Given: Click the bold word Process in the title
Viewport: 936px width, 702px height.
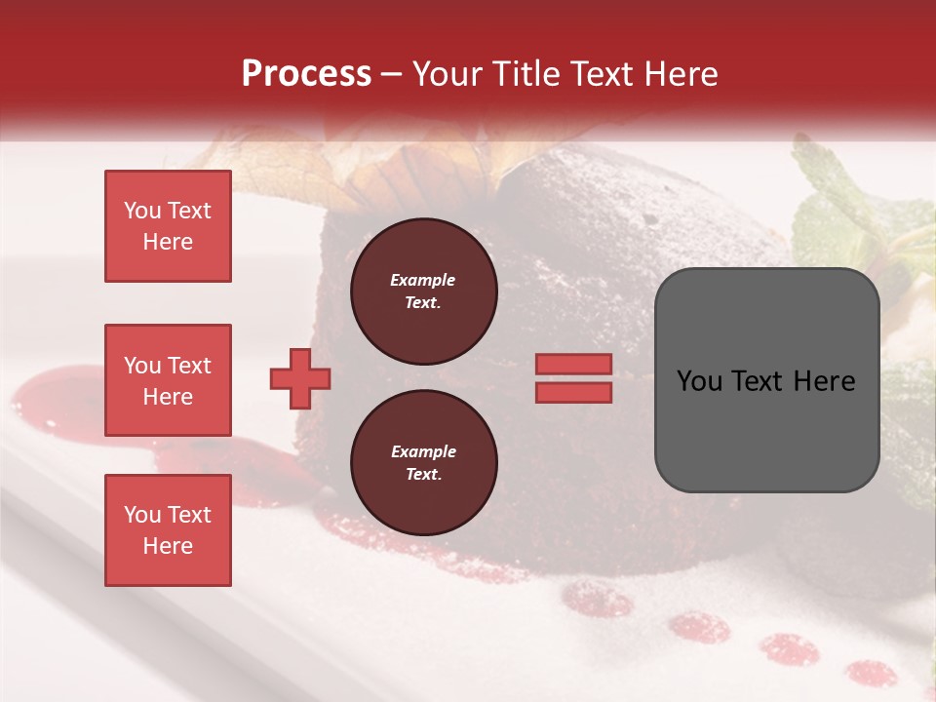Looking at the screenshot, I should pos(306,74).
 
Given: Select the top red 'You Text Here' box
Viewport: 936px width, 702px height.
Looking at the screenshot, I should pos(168,226).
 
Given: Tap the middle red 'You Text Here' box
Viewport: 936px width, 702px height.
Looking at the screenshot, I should pos(168,380).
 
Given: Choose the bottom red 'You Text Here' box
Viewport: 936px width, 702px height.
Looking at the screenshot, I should pos(168,530).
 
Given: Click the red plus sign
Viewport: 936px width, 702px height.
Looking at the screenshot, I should pos(299,378).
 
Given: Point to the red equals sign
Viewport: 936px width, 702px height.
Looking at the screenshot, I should pos(573,378).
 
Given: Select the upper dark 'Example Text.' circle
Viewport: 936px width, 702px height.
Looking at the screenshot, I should pos(423,292).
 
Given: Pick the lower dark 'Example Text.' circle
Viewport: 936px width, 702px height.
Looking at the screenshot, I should pos(423,463).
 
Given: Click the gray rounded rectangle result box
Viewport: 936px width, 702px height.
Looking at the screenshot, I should pos(766,380).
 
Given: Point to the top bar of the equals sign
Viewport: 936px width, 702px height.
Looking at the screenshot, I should pos(573,365).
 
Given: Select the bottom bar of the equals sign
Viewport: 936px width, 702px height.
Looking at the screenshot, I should pos(573,392).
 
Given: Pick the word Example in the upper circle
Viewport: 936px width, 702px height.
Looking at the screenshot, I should pos(423,281).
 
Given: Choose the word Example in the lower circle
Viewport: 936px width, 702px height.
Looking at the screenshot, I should pos(423,452).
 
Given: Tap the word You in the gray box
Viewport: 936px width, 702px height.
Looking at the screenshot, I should pos(698,381).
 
